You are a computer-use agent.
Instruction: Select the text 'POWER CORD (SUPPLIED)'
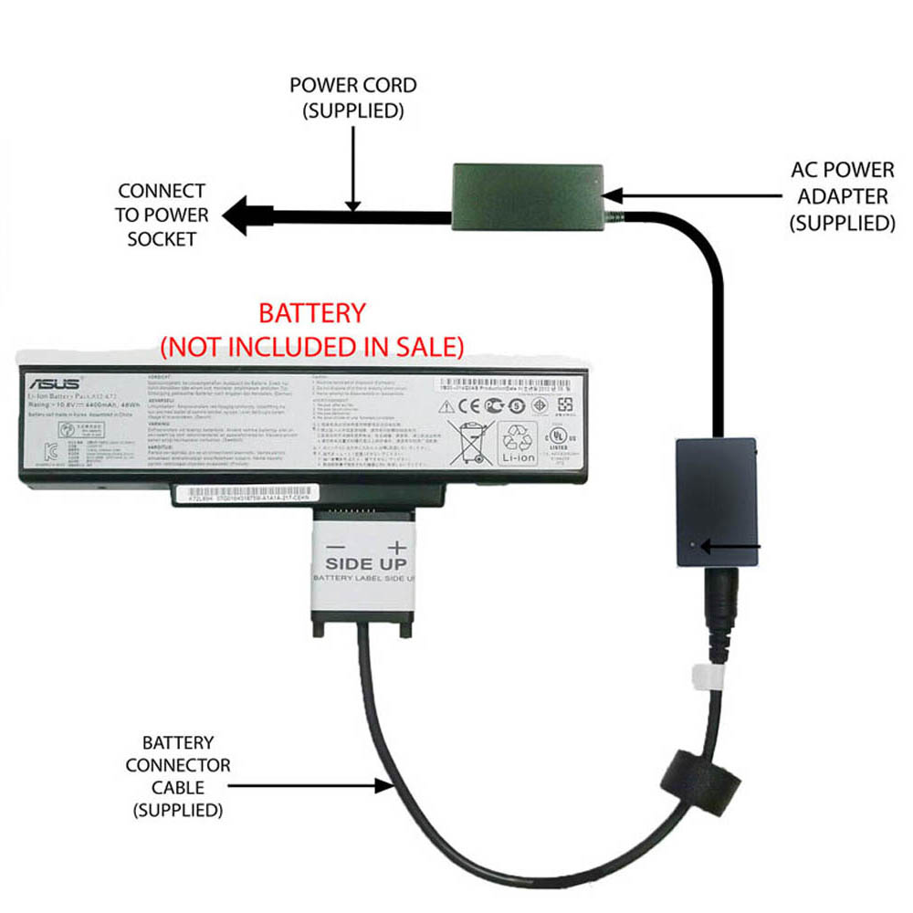point(352,99)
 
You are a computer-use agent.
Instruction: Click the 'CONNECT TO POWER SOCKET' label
point(163,215)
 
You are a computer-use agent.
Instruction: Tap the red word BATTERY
point(312,314)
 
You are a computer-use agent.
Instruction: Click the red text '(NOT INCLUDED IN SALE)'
point(312,347)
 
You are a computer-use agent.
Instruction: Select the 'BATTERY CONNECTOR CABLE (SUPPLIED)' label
point(178,776)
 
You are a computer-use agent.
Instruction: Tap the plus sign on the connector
point(396,547)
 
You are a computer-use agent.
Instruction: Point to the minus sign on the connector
point(334,547)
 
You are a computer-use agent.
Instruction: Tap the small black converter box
point(717,503)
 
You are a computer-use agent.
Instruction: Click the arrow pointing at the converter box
point(735,547)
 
